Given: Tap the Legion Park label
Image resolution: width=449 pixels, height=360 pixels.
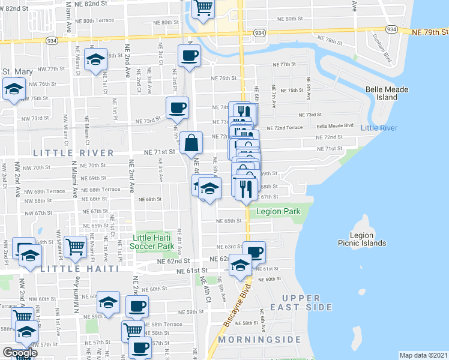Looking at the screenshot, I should (277, 212).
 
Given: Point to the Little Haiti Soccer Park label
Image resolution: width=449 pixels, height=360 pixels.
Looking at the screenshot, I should (153, 242).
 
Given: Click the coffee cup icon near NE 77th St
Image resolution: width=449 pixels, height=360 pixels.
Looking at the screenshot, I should (189, 56).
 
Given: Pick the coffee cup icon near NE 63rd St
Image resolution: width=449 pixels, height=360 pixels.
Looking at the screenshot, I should (255, 252).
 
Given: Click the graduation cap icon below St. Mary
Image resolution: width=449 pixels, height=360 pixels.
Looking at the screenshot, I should (12, 90).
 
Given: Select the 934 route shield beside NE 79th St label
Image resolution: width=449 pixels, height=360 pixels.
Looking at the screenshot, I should (391, 29).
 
